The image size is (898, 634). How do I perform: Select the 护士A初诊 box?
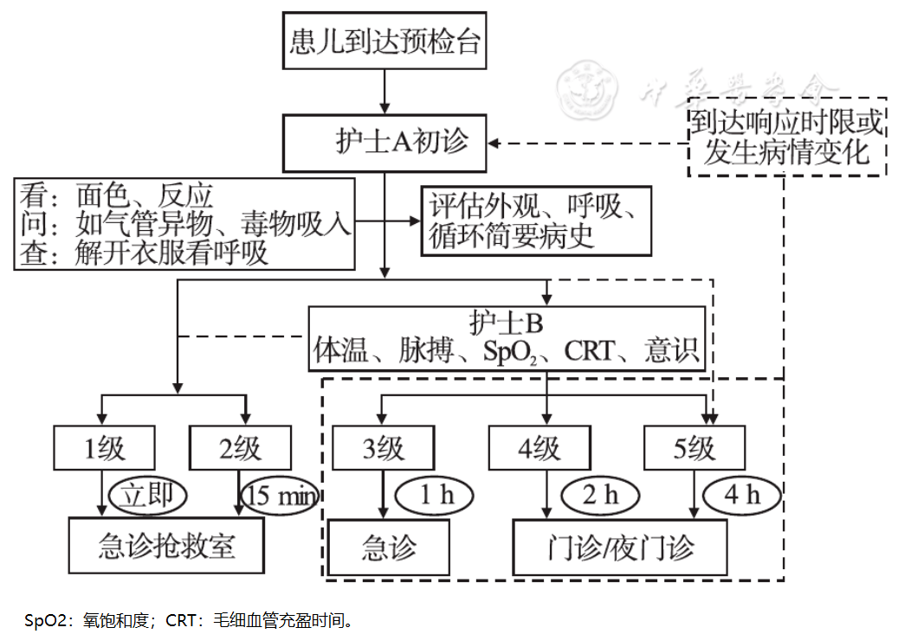coord(384,143)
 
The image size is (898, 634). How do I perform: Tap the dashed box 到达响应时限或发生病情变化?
coord(786,137)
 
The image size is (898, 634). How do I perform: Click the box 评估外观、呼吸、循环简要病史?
coord(536,221)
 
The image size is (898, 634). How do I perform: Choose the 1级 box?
coord(104,448)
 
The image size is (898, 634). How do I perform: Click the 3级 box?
coord(383,448)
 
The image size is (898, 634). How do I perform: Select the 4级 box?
coord(538,448)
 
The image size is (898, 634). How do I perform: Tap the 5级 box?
coord(694,448)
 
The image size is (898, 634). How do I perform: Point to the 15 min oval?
coord(279,496)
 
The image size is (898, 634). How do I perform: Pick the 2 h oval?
coord(600,495)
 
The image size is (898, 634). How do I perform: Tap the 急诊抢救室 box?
coord(166,546)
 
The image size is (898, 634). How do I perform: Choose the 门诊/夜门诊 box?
coord(620,546)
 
